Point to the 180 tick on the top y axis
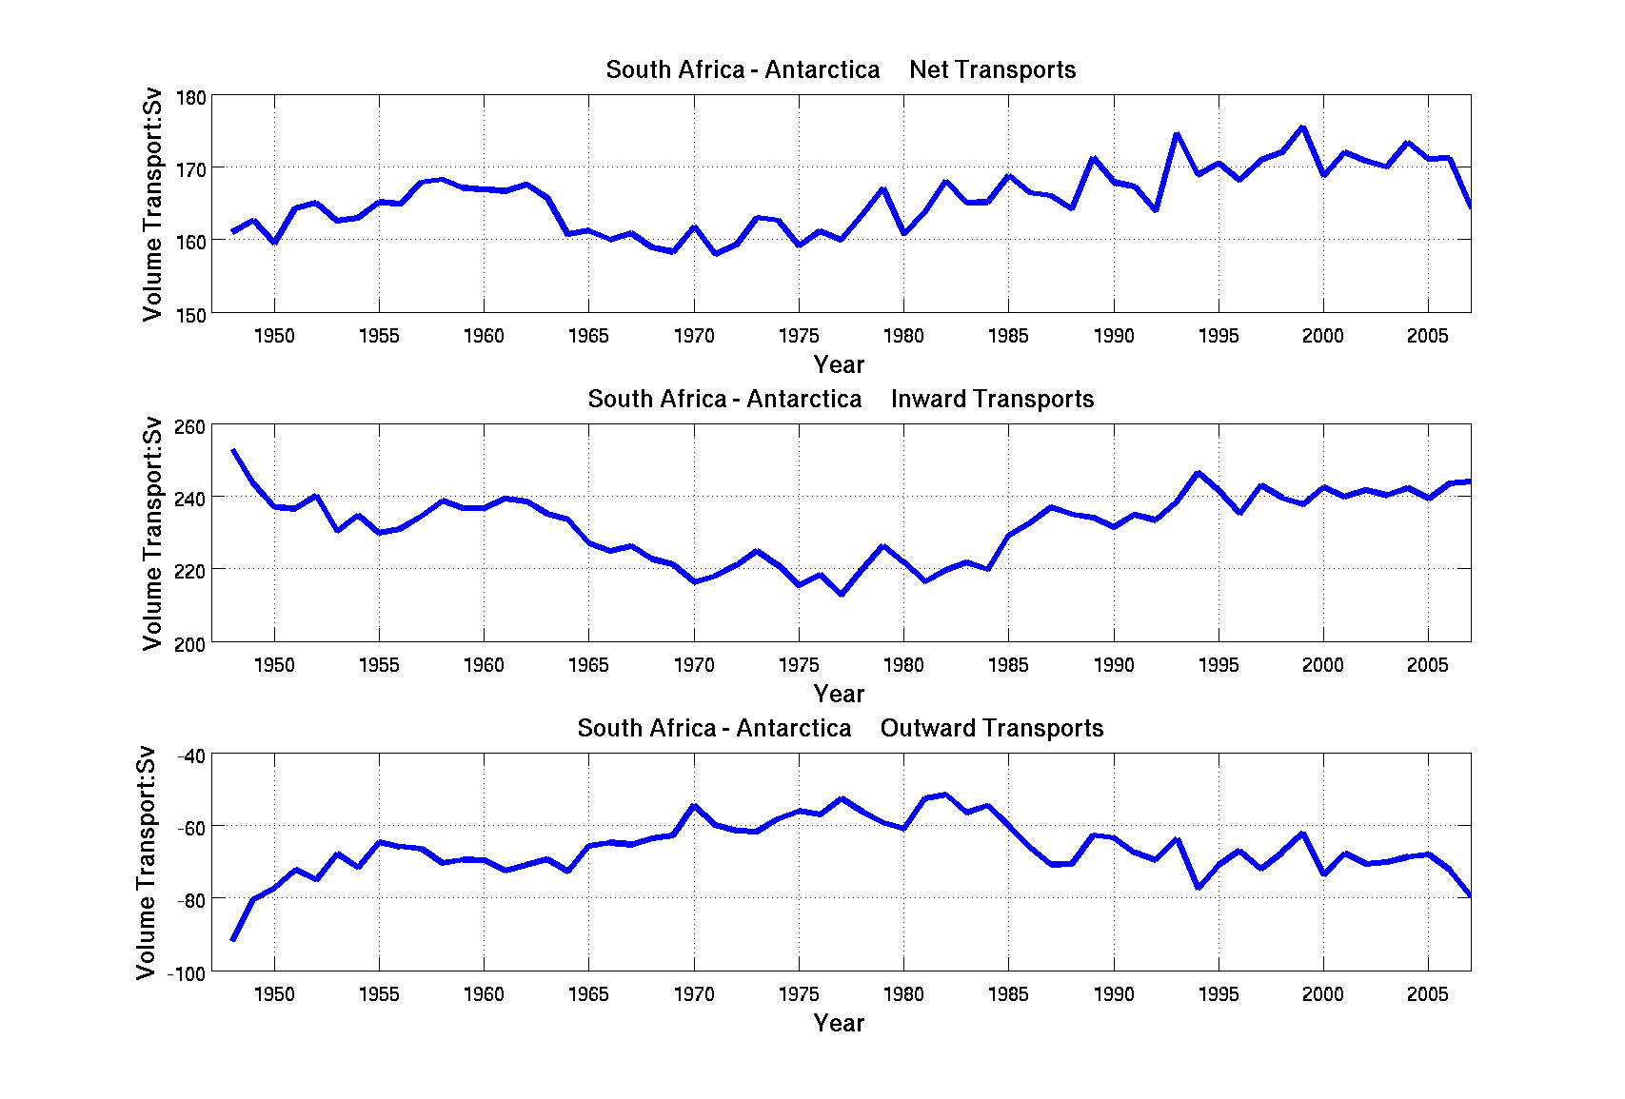point(191,98)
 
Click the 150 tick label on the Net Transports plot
point(191,315)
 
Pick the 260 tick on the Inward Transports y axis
point(191,427)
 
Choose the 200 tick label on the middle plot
point(191,644)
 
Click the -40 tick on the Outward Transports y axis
point(191,756)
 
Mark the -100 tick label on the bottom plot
point(187,973)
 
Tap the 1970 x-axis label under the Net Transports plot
point(694,336)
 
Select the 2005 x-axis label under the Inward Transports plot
point(1428,665)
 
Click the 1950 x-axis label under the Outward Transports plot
point(274,994)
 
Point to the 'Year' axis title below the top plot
point(839,364)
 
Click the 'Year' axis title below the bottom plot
point(839,1023)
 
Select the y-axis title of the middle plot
point(152,534)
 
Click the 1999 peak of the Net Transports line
point(1302,128)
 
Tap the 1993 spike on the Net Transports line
point(1177,134)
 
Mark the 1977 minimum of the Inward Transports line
point(842,594)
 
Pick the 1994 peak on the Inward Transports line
point(1198,473)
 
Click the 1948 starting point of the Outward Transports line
point(233,939)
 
